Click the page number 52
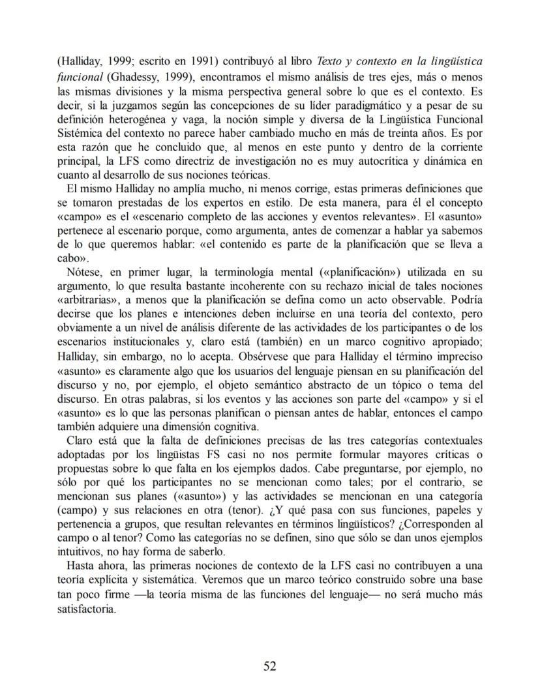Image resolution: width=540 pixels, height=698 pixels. (x=270, y=665)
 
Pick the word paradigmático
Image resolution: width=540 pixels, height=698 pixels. (x=357, y=106)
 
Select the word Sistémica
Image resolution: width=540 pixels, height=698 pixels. (x=78, y=134)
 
